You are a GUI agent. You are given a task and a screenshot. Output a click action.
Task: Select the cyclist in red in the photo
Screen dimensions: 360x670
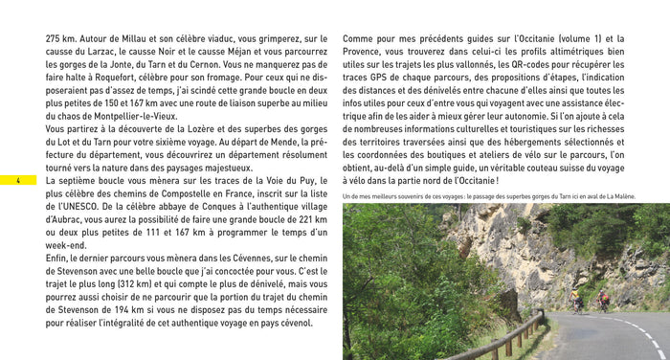pyautogui.click(x=604, y=300)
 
